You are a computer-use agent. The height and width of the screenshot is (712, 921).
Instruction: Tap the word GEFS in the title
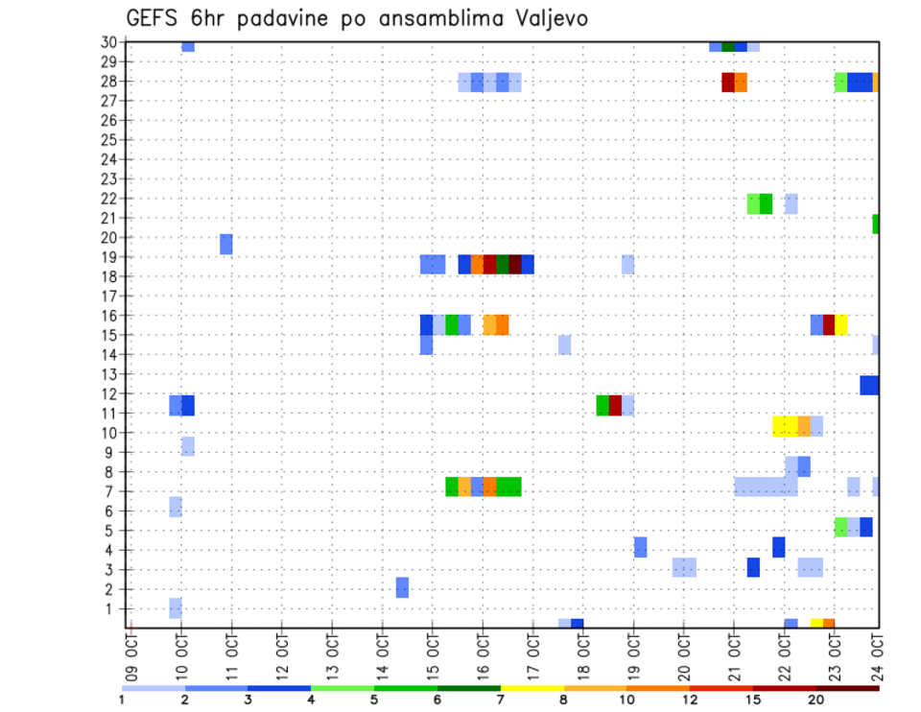point(153,18)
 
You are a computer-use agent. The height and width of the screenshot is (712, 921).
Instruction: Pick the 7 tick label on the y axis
point(112,491)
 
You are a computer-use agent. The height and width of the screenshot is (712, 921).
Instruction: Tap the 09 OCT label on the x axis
point(131,655)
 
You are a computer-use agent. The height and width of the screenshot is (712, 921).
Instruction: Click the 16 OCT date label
point(483,655)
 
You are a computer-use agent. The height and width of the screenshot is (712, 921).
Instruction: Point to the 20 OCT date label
point(683,655)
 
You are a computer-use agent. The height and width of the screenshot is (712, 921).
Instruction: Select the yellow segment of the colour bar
point(532,688)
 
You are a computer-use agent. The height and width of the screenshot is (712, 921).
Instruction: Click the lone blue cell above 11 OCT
point(226,244)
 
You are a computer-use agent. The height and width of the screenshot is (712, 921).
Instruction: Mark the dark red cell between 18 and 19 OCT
point(615,405)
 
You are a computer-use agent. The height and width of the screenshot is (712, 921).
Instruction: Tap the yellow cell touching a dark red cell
point(841,324)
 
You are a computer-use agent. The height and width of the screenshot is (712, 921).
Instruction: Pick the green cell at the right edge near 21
point(876,224)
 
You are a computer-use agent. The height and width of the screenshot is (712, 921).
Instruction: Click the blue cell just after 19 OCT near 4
point(640,547)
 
